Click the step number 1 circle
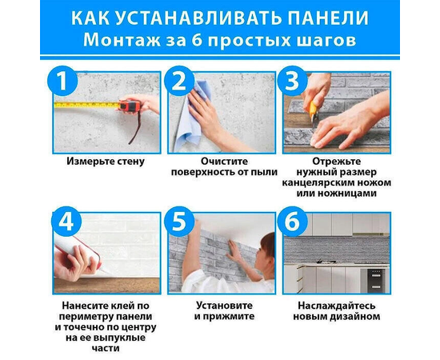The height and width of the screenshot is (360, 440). point(62,81)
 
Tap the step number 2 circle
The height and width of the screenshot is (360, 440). point(178,81)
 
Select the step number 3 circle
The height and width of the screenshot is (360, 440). point(292,81)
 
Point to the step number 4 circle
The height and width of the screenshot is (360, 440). point(66,222)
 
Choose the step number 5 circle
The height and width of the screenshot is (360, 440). point(178,222)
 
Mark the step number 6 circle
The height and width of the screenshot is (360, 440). point(292,222)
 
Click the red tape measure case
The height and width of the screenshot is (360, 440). point(130,106)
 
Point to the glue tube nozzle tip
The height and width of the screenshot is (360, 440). point(101,273)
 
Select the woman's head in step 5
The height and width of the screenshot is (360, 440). point(266,248)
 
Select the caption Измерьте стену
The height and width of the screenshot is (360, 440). point(106,162)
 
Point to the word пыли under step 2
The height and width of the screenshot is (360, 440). point(266,172)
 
